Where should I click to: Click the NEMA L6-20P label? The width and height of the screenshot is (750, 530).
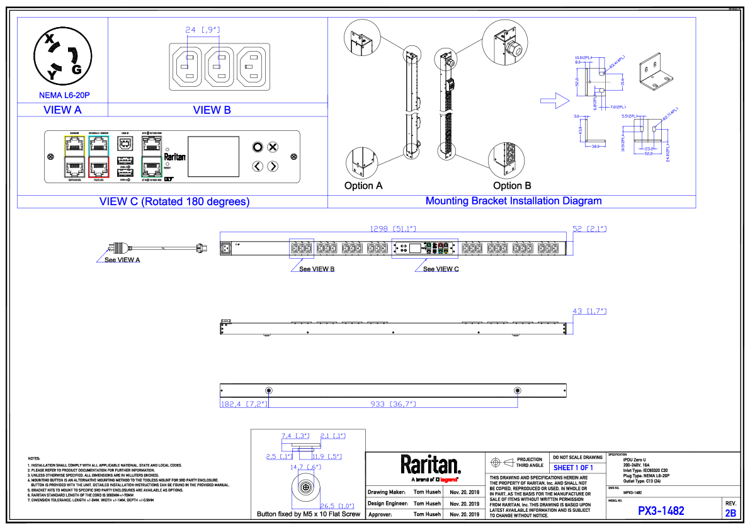[64, 96]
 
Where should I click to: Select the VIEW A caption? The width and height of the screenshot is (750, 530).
[62, 110]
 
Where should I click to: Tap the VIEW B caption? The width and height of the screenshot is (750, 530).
[212, 110]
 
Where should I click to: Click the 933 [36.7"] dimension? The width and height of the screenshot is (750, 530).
[393, 403]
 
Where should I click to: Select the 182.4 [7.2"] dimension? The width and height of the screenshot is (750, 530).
[244, 403]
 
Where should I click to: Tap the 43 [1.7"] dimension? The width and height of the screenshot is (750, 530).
[589, 311]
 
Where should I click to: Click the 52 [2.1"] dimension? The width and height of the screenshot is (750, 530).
[589, 229]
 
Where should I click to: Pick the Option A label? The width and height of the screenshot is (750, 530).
[363, 186]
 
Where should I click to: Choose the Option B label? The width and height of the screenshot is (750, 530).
[512, 186]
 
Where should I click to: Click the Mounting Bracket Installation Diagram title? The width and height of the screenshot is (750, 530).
[513, 201]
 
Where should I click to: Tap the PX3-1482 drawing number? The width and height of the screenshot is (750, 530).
[661, 510]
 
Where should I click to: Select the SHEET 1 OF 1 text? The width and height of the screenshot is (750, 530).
[573, 468]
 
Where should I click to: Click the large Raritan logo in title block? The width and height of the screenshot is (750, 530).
[431, 466]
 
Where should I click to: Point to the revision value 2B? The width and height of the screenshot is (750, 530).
[730, 513]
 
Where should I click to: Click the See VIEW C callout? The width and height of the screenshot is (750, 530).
[441, 269]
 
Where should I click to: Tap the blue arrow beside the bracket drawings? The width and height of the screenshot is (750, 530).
[554, 99]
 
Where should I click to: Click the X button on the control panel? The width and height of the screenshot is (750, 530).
[273, 147]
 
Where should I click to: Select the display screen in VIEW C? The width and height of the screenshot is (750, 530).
[213, 157]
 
